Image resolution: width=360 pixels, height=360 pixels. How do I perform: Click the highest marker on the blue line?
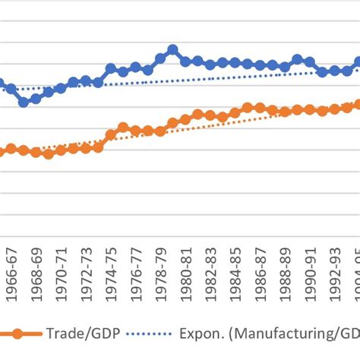tap(172, 50)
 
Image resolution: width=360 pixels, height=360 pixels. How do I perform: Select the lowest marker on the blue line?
tap(24, 101)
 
